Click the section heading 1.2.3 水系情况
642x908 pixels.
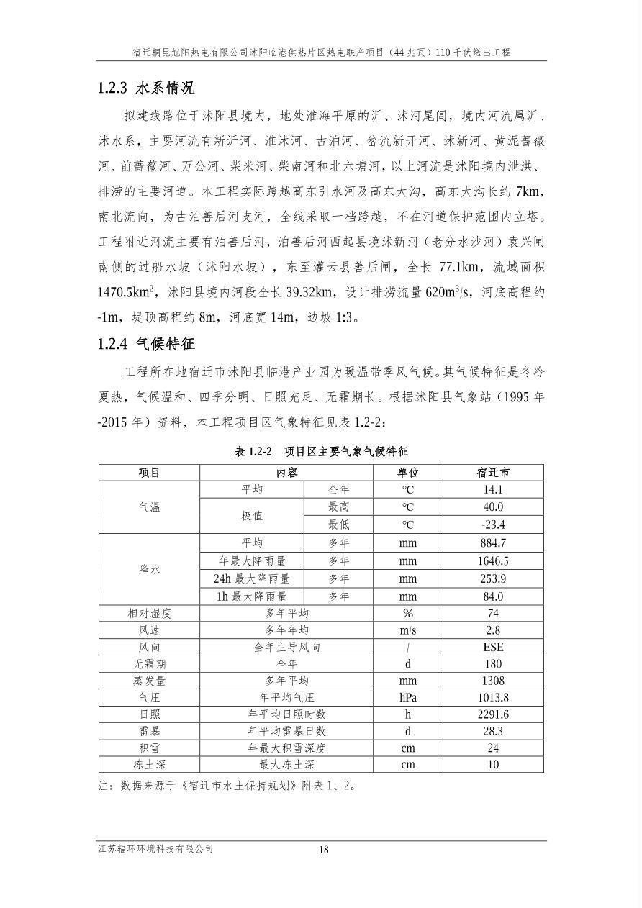[x=146, y=88]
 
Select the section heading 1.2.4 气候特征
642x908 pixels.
[x=146, y=344]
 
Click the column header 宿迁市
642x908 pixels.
[x=493, y=473]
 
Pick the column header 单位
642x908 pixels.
[x=408, y=473]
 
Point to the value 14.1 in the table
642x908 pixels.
[x=493, y=490]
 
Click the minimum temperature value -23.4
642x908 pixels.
[x=493, y=525]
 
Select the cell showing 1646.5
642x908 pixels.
[x=493, y=561]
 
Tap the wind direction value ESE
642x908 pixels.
[x=493, y=647]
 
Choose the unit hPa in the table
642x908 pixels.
[x=408, y=697]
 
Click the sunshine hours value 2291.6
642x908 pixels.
[x=493, y=714]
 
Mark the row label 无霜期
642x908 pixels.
[x=149, y=664]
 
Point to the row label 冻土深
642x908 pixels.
[x=149, y=765]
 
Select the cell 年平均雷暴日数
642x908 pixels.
[x=286, y=731]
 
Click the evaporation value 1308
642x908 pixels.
[x=493, y=681]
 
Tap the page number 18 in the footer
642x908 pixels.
[x=324, y=850]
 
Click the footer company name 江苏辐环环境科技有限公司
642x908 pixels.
[x=155, y=849]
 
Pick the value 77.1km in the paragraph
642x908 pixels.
[x=461, y=267]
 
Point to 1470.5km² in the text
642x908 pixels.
[x=128, y=292]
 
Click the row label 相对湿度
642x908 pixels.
[x=149, y=614]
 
